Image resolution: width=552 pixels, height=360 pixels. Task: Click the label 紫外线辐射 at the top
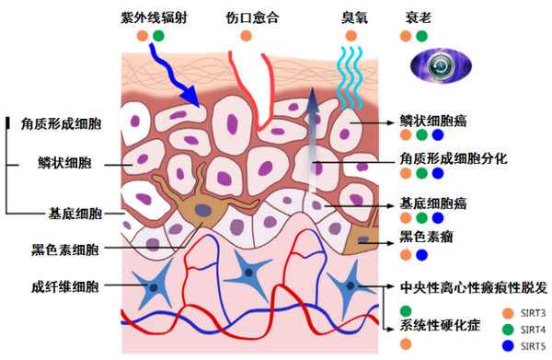click(155, 17)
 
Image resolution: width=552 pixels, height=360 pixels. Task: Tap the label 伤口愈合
click(255, 17)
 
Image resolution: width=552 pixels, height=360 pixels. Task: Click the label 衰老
click(418, 17)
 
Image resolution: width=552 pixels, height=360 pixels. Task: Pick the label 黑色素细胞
click(66, 249)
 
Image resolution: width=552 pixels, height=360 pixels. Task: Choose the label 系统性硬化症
click(440, 326)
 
